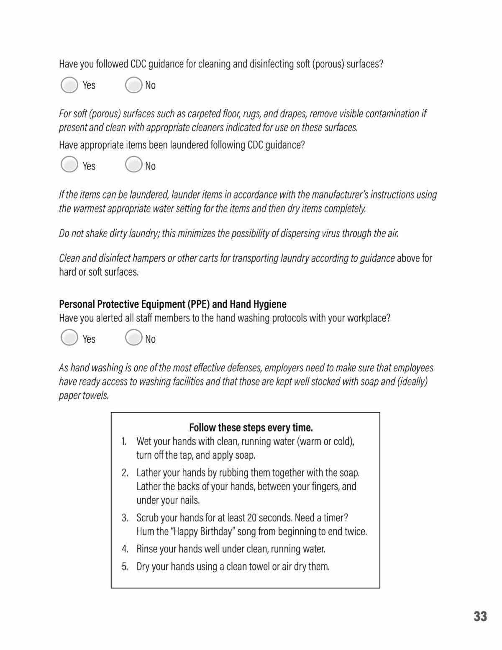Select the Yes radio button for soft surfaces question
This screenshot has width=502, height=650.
pyautogui.click(x=69, y=85)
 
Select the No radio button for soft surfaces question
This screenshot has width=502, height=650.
pyautogui.click(x=133, y=85)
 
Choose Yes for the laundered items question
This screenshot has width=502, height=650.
pyautogui.click(x=69, y=164)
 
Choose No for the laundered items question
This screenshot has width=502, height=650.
pyautogui.click(x=133, y=164)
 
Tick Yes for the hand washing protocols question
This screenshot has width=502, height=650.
pyautogui.click(x=69, y=337)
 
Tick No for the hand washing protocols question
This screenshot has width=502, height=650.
pyautogui.click(x=133, y=337)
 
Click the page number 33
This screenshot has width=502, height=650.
pyautogui.click(x=480, y=617)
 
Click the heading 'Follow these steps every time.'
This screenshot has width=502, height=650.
pyautogui.click(x=251, y=428)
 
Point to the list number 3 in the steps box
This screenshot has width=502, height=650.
pyautogui.click(x=125, y=518)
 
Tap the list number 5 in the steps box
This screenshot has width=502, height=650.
pyautogui.click(x=125, y=567)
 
